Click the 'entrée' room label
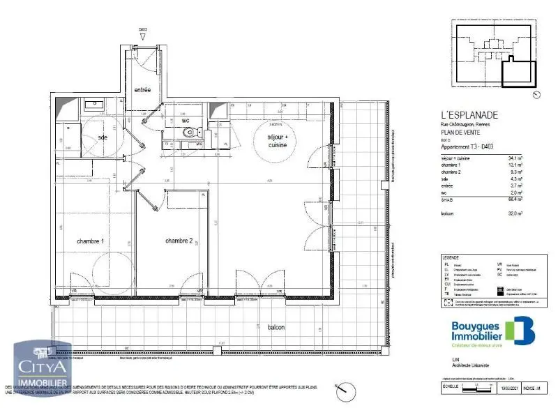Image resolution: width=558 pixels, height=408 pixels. click(x=142, y=89)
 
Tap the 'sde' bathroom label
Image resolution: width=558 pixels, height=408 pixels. click(x=103, y=137)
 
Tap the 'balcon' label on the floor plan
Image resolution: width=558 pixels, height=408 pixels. click(x=278, y=326)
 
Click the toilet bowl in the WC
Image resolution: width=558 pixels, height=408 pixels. click(x=197, y=132)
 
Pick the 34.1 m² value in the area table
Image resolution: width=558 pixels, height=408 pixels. click(x=516, y=158)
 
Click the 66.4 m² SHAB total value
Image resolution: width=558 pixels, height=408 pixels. click(x=516, y=199)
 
